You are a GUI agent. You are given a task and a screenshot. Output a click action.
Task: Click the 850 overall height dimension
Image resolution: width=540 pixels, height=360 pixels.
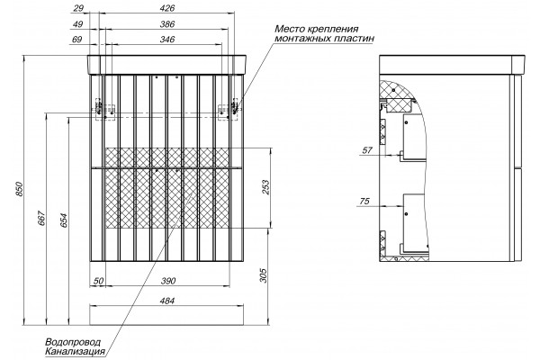point(20,189)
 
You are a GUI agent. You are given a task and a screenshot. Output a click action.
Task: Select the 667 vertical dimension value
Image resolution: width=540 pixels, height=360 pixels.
point(41,218)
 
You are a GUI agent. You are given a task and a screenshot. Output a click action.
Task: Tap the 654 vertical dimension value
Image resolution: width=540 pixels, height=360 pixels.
point(64,220)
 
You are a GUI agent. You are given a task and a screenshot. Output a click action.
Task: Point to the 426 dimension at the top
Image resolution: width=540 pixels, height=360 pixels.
point(167,8)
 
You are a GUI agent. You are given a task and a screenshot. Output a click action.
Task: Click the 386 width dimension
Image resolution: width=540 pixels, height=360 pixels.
point(167,24)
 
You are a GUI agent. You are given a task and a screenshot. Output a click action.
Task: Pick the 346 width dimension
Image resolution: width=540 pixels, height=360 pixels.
point(167,40)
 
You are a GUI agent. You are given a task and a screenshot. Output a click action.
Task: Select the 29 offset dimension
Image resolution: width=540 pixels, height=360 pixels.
point(78,8)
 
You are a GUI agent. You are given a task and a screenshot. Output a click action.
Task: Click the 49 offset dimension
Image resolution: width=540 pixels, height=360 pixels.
point(78,24)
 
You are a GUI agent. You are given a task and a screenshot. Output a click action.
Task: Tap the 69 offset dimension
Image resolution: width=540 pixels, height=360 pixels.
point(77,40)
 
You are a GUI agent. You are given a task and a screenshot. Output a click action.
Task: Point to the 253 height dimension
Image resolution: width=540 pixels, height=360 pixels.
point(266,187)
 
